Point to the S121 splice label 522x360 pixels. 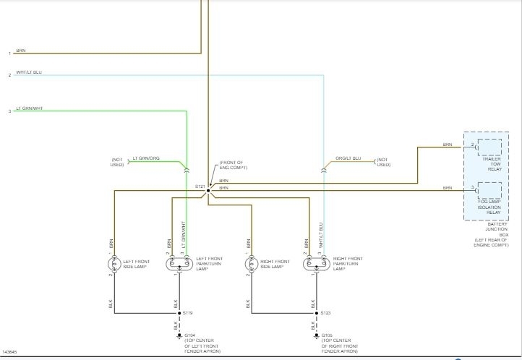(200, 186)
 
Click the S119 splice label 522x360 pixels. (188, 313)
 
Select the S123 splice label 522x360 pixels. (327, 313)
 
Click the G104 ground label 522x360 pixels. (189, 335)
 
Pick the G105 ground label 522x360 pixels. (328, 335)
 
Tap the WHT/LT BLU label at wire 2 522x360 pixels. (29, 72)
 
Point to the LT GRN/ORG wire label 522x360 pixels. (145, 159)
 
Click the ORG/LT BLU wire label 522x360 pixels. (348, 159)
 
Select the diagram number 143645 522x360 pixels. (11, 352)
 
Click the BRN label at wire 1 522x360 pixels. (20, 51)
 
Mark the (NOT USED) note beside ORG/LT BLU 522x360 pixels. (382, 162)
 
